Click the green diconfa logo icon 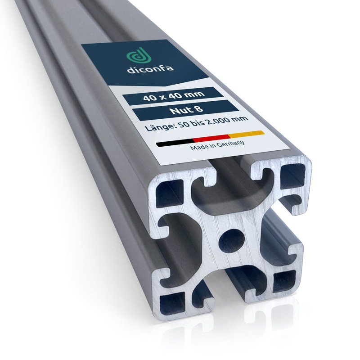[139, 55]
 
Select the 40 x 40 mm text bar [173, 96]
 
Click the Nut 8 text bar [186, 110]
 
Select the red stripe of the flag [211, 138]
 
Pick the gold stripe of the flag [246, 134]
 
